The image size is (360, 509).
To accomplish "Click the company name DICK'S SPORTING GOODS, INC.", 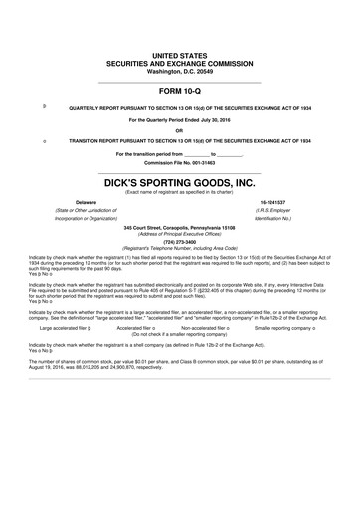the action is (179, 183).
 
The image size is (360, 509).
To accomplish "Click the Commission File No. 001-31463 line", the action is (179, 161).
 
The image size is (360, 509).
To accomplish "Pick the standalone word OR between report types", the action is (179, 130).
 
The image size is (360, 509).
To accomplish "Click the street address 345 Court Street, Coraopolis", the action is (179, 226).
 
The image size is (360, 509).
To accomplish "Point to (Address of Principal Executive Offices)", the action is (179, 232).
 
